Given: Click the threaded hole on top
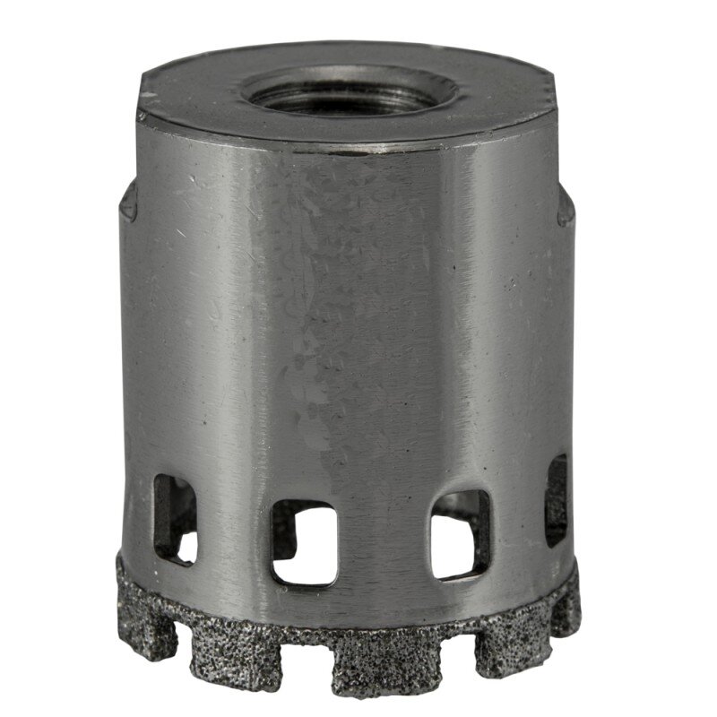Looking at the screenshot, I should click(x=351, y=90).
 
